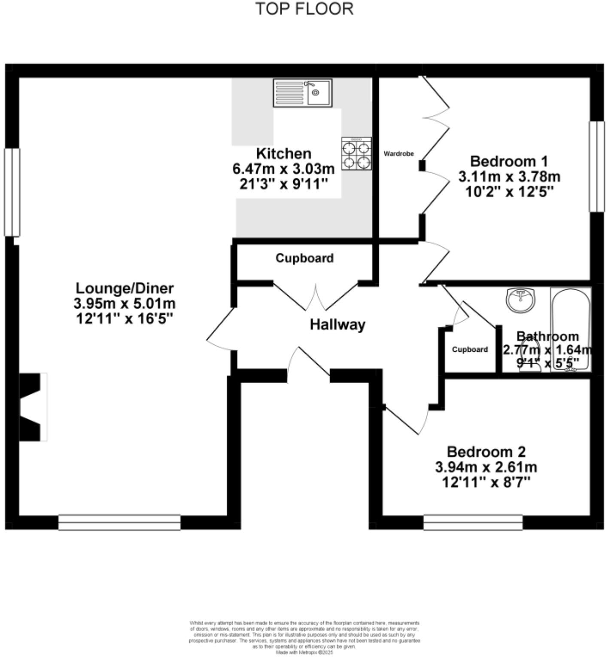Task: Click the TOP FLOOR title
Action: pyautogui.click(x=304, y=9)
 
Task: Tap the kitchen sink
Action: pyautogui.click(x=303, y=92)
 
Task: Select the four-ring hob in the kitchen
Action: pyautogui.click(x=356, y=154)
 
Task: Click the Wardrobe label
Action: pyautogui.click(x=398, y=154)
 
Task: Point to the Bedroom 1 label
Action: pyautogui.click(x=509, y=162)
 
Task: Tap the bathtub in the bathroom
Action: pyautogui.click(x=571, y=329)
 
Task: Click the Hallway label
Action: pyautogui.click(x=337, y=325)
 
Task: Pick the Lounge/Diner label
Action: pyautogui.click(x=125, y=288)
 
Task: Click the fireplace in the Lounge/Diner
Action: pyautogui.click(x=33, y=407)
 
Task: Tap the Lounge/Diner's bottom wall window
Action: pyautogui.click(x=119, y=522)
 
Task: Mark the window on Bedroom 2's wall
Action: pyautogui.click(x=473, y=522)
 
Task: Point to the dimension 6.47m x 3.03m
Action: pyautogui.click(x=283, y=169)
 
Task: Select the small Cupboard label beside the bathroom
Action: pyautogui.click(x=470, y=350)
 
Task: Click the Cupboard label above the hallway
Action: pyautogui.click(x=304, y=258)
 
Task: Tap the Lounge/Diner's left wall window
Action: pyautogui.click(x=12, y=192)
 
